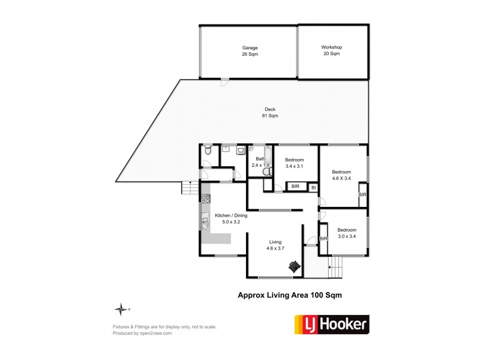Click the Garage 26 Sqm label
250,50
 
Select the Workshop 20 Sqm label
331,50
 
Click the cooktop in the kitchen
205,198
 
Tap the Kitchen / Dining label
227,218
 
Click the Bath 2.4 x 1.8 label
260,161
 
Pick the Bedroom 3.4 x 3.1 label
294,163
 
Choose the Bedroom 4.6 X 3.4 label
341,175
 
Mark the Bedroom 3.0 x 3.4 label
346,233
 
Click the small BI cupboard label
313,188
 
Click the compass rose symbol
122,309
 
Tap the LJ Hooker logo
331,324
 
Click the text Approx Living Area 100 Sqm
290,295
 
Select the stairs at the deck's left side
190,188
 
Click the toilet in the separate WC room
206,151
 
